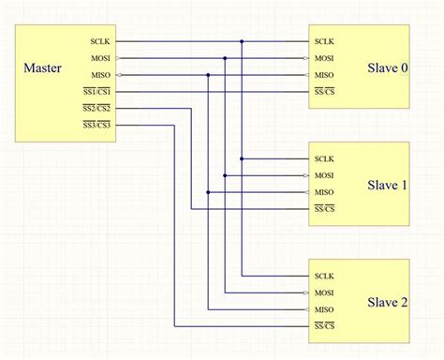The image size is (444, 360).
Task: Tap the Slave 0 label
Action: tap(387, 68)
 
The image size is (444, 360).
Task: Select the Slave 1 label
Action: tap(387, 185)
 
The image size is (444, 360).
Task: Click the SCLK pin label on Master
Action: tap(100, 41)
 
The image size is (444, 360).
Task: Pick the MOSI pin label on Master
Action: tap(100, 58)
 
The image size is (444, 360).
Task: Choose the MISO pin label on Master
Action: tap(100, 75)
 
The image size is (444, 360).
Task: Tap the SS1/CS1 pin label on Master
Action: tap(96, 92)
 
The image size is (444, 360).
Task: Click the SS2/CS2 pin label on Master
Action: tap(96, 108)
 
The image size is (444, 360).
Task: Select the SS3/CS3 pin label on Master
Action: tap(96, 125)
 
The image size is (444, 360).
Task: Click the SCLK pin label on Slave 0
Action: tap(324, 41)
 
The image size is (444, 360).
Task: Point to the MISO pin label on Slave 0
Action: tap(324, 75)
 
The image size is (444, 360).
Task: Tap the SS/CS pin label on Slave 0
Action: tap(324, 92)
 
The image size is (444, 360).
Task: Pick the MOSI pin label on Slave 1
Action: tap(324, 175)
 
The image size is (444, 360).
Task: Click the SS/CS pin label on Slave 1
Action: tap(324, 208)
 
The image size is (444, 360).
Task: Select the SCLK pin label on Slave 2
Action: tap(324, 276)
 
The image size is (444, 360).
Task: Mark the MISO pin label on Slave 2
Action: tap(324, 309)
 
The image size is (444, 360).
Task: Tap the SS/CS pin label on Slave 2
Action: tap(324, 326)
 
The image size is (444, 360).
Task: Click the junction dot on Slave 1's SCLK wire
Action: tap(242, 158)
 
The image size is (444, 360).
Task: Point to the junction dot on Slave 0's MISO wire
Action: tap(208, 75)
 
